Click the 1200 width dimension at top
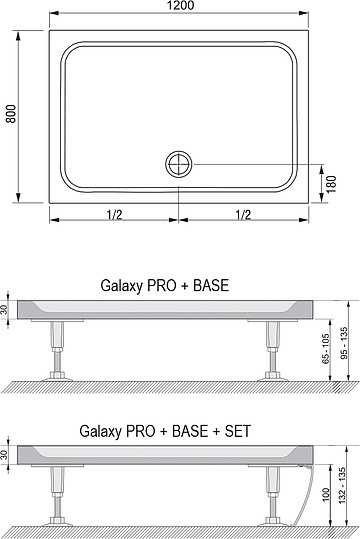point(181,6)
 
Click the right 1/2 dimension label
point(243,213)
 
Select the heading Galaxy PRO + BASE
point(164,285)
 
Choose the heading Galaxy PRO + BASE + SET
point(164,432)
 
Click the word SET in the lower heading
point(237,432)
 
